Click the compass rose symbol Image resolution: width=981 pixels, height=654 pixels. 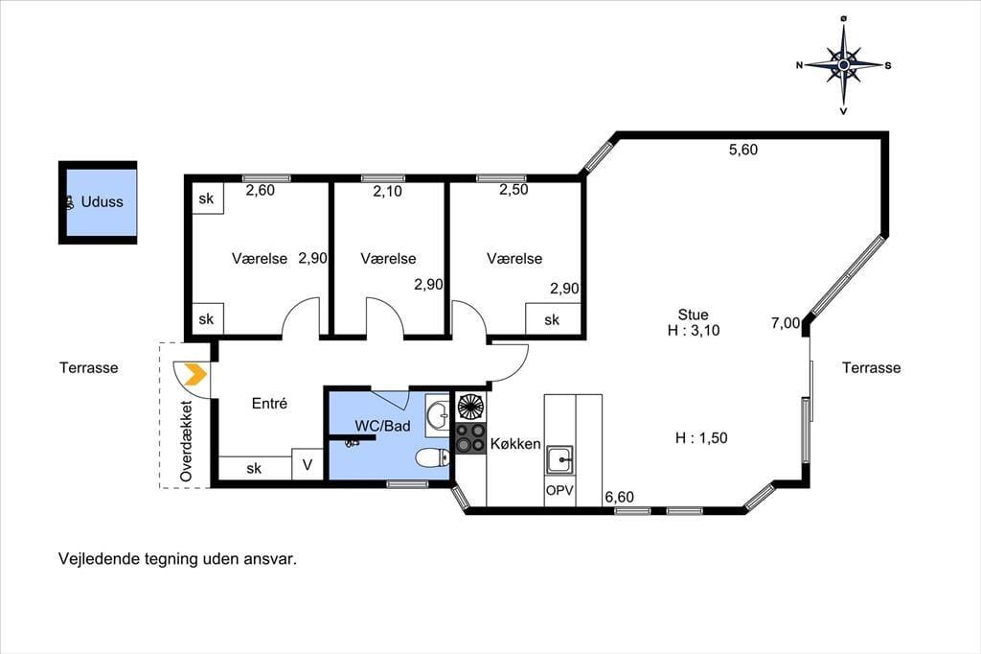click(843, 64)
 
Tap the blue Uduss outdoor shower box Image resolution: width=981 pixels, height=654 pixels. click(98, 202)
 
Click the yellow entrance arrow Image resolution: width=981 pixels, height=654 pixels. click(197, 374)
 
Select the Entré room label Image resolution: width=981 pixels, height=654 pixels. click(269, 404)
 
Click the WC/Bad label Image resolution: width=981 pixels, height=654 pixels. click(382, 426)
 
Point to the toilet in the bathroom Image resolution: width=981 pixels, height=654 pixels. click(432, 458)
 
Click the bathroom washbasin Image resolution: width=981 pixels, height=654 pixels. click(437, 413)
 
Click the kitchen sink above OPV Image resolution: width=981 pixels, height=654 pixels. click(559, 460)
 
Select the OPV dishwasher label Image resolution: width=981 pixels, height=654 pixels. click(559, 491)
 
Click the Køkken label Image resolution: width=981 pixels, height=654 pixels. click(515, 444)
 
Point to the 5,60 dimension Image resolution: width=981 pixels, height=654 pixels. click(743, 149)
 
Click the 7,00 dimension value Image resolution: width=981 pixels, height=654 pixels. click(786, 323)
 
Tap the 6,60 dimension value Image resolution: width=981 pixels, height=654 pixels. click(620, 497)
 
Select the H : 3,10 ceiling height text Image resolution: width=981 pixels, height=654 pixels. click(694, 330)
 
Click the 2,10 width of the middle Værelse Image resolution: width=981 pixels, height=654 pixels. click(387, 191)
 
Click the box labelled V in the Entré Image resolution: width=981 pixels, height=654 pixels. click(308, 465)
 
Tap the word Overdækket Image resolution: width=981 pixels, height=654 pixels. click(186, 441)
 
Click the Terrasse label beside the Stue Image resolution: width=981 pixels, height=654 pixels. click(871, 367)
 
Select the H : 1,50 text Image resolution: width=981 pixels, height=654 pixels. click(701, 438)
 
